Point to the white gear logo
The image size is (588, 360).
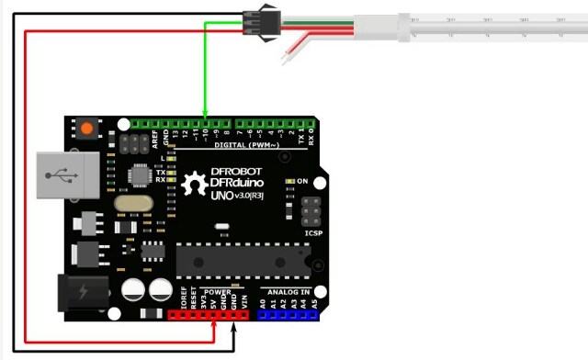point(195,183)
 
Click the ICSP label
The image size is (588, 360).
point(313,233)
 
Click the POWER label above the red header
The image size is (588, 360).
point(218,291)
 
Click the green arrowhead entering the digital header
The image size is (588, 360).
point(205,117)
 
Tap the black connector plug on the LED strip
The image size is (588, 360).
point(255,18)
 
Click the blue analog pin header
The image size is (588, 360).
point(288,314)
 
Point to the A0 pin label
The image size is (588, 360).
point(262,302)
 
